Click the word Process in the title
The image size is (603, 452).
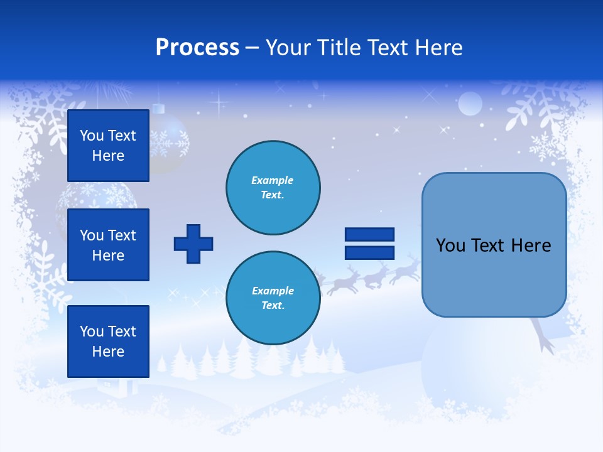197,47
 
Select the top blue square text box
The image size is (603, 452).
108,146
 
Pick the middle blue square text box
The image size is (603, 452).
108,245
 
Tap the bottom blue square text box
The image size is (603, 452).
108,341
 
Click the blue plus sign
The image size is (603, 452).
193,244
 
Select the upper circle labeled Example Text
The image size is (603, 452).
273,188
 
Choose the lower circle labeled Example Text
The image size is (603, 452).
273,298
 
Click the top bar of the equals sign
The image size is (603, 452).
369,235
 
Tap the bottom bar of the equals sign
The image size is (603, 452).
369,252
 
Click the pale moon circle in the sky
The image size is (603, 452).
470,104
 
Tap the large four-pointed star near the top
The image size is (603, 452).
219,100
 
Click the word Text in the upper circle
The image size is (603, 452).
272,195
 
